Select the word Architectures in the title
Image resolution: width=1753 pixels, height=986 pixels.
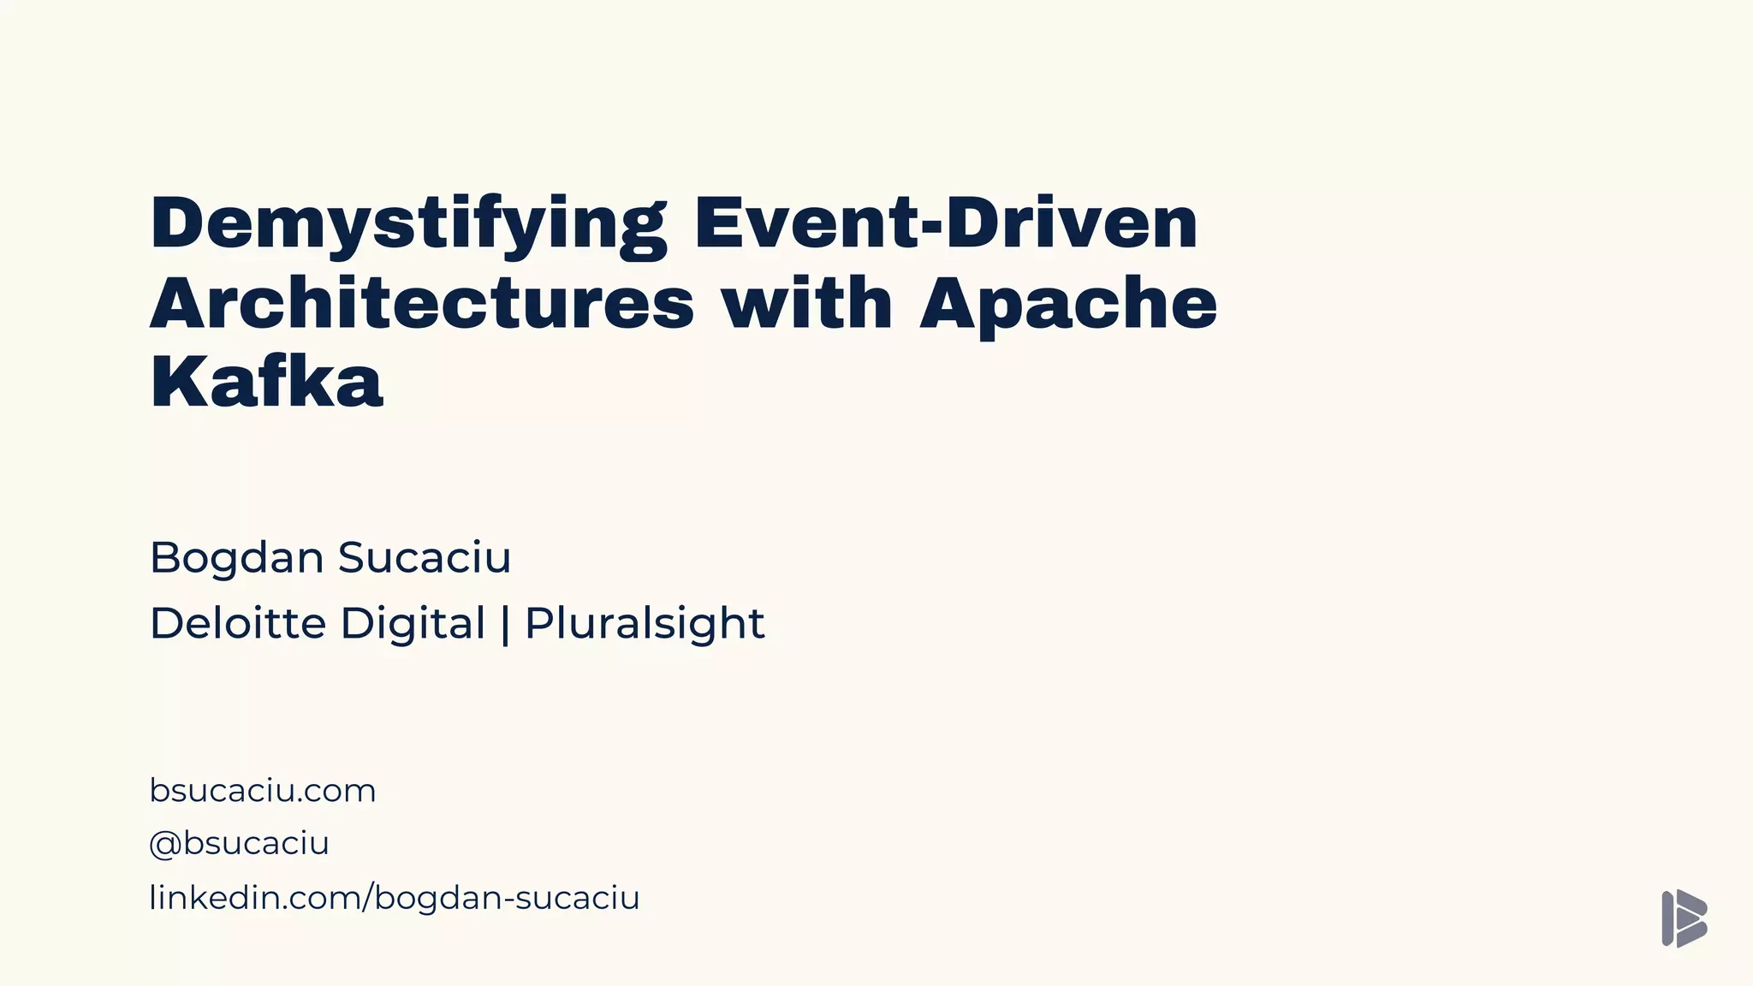(422, 303)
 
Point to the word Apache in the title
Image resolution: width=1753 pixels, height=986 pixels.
(1068, 305)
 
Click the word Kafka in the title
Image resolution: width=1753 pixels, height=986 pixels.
(266, 382)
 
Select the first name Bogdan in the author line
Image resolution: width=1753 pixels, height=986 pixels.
(237, 558)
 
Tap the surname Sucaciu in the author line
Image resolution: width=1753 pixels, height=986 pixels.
(425, 557)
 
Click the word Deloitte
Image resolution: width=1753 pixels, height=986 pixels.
(238, 623)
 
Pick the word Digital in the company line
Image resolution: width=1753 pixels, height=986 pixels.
(413, 624)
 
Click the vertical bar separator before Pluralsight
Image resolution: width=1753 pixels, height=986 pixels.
(505, 624)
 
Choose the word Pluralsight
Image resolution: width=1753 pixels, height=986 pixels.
(645, 624)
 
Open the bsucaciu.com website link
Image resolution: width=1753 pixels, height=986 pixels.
(263, 790)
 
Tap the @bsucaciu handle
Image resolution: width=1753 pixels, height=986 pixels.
(240, 843)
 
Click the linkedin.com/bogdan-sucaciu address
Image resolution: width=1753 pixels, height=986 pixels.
(395, 898)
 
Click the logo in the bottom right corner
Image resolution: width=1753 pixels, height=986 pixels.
(1684, 918)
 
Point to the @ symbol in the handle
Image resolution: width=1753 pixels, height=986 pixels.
(164, 844)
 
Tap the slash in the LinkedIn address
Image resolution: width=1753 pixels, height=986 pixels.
(370, 898)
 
